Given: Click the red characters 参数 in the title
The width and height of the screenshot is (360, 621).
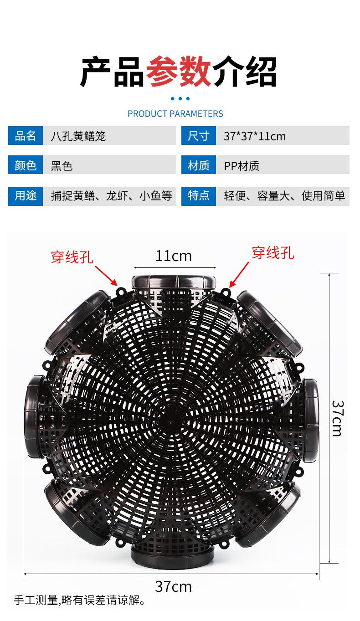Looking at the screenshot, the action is [179, 72].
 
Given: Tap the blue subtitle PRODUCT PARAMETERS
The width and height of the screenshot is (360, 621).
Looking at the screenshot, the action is [175, 113].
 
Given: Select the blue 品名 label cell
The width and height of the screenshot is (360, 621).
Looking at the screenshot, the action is [26, 136].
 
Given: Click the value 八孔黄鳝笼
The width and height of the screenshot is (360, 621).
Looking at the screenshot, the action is [78, 136].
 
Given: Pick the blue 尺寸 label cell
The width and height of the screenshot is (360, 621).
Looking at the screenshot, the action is [199, 136].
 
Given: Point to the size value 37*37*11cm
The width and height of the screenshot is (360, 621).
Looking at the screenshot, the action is [255, 136].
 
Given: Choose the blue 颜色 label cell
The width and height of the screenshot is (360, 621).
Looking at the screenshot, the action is [26, 165].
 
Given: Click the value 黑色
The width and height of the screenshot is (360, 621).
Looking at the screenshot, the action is [62, 166].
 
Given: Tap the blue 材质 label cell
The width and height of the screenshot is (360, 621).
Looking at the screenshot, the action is [199, 165].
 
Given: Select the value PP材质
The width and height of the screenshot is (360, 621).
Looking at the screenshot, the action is [242, 166].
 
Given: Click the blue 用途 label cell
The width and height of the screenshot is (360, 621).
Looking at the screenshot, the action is [26, 196].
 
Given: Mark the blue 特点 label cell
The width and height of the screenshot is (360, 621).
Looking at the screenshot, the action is [199, 196].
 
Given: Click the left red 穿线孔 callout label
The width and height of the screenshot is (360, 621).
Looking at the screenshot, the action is [72, 257].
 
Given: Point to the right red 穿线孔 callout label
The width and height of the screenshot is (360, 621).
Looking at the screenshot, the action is [273, 253].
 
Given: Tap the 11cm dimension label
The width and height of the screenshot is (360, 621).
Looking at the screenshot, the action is [174, 256].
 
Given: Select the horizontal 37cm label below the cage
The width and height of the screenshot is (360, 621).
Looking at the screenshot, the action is [174, 587].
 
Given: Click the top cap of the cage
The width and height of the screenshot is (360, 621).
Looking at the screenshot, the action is [174, 282].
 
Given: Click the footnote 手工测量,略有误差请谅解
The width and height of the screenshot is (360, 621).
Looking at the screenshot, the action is [79, 600].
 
